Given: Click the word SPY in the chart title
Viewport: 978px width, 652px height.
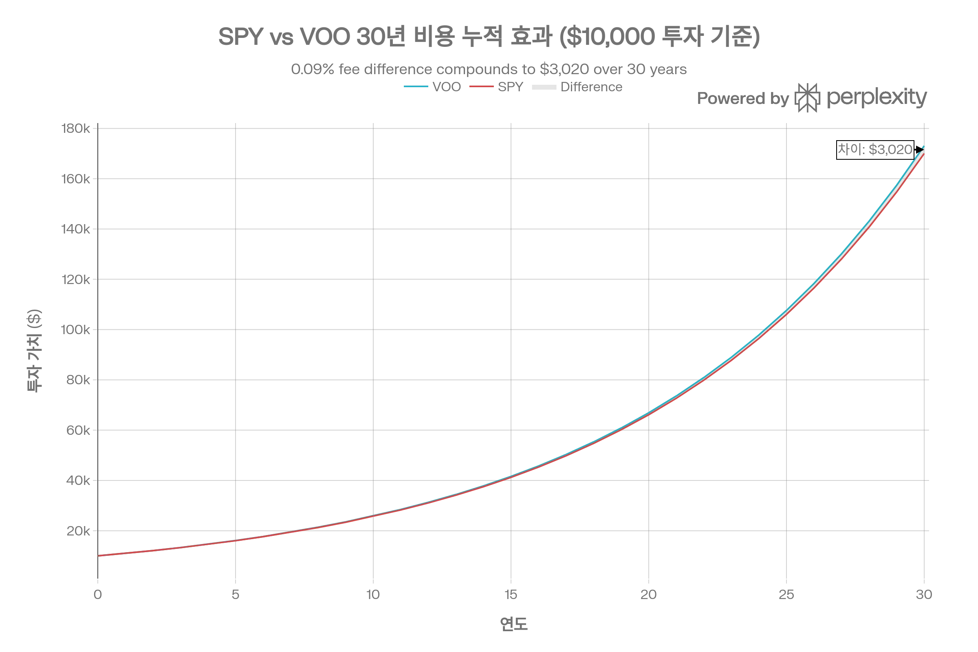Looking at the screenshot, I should pos(241,37).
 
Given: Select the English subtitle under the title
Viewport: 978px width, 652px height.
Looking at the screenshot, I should pos(489,69).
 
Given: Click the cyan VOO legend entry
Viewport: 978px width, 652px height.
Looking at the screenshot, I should pos(432,86).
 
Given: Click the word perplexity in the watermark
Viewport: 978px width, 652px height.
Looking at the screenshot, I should pos(876,98).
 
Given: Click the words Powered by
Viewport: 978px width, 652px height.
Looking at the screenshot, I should pos(742,99).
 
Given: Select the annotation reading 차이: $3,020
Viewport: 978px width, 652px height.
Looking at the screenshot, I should pos(875,149).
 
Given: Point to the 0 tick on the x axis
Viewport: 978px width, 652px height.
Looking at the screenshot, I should pos(98,593).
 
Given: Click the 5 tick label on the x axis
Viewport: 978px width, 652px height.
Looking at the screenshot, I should pos(236,593).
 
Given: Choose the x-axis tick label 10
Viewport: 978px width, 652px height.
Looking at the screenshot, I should pos(373,593).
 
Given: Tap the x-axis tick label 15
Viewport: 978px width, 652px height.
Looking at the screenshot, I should pos(511,593).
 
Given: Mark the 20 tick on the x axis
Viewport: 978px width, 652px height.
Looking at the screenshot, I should pos(648,593).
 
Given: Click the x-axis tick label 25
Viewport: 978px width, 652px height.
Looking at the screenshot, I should pos(787,593).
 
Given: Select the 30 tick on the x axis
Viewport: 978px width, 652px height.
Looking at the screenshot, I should pos(924,593).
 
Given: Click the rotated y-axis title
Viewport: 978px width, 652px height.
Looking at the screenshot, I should pos(34,350).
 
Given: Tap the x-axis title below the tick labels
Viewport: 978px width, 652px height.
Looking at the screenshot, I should pos(513,624).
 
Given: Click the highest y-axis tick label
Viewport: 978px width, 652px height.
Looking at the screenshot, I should pos(76,128).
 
